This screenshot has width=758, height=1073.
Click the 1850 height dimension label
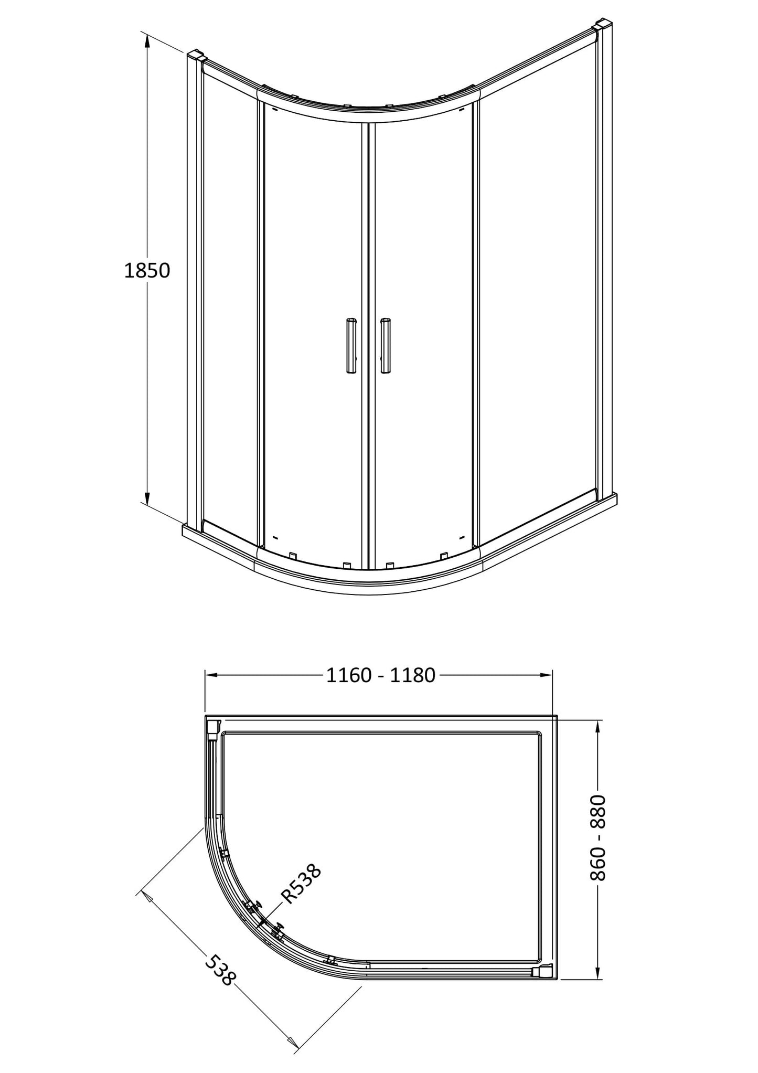coord(147,271)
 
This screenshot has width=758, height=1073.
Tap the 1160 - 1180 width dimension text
coord(381,675)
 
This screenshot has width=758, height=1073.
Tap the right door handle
coord(386,346)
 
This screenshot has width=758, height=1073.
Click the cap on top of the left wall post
coord(195,55)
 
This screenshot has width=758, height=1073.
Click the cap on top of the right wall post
coord(601,25)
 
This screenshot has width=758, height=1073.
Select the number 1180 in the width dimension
coord(413,675)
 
